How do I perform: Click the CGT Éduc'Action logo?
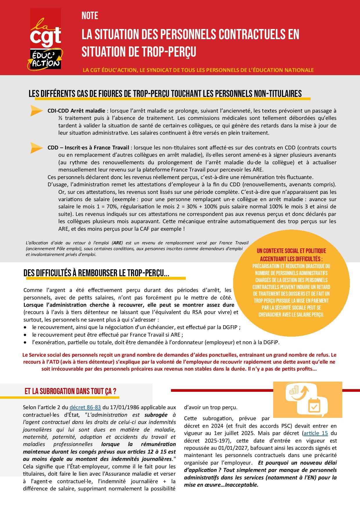tap(46, 39)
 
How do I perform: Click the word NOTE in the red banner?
tap(90, 16)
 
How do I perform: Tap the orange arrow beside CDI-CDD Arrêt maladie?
tap(37, 111)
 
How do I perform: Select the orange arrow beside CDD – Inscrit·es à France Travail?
tap(37, 148)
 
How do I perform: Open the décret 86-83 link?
tap(85, 407)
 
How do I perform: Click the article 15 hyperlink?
tap(316, 433)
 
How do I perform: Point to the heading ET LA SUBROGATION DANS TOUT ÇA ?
tap(70, 391)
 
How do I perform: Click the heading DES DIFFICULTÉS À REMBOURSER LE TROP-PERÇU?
tap(96, 273)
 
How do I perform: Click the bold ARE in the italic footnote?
tap(117, 243)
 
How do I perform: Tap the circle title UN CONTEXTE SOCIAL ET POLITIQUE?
tap(291, 251)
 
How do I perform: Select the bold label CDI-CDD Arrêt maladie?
tap(76, 111)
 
